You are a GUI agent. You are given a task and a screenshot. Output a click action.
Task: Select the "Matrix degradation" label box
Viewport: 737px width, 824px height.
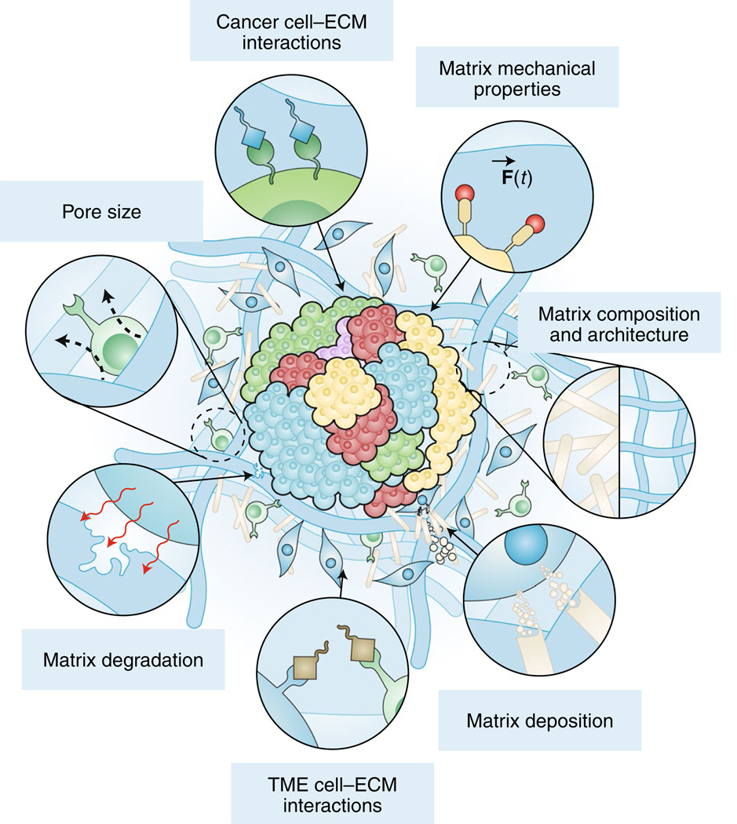pos(122,660)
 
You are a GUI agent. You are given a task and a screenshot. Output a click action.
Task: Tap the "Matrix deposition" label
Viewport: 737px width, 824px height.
pos(538,720)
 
